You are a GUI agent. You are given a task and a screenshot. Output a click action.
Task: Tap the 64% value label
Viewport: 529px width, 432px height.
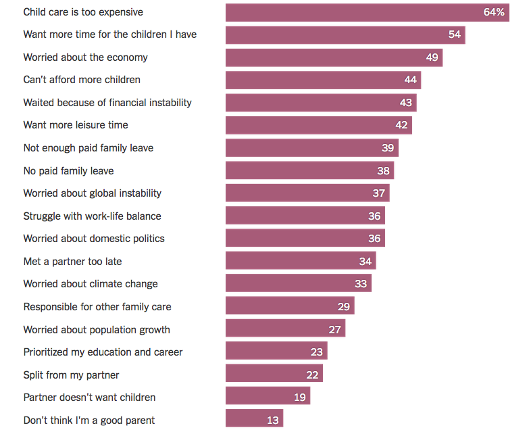point(495,12)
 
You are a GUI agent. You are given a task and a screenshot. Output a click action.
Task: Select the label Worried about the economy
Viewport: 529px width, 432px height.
point(85,57)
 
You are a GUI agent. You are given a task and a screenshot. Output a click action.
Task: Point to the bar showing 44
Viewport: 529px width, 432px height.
point(323,80)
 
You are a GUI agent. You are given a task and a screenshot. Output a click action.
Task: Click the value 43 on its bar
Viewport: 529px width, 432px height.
point(406,103)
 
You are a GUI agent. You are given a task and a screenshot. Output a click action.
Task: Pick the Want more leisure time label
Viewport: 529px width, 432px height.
point(76,125)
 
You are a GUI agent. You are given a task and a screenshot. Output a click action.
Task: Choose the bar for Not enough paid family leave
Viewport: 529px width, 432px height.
point(311,148)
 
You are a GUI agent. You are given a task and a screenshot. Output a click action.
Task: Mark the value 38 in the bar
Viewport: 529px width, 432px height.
point(384,171)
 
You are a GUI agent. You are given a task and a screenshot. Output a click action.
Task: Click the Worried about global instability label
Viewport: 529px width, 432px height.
point(93,193)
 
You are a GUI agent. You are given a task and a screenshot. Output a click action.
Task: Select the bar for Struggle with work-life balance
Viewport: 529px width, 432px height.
point(305,216)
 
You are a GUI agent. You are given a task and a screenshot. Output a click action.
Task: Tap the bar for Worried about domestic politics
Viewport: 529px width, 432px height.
point(305,239)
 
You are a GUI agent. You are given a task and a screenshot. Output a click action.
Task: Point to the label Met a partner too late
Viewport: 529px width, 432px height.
point(72,262)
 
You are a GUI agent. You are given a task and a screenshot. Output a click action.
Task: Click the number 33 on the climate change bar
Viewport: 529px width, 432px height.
point(361,284)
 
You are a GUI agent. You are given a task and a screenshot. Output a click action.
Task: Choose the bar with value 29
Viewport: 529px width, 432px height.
point(289,307)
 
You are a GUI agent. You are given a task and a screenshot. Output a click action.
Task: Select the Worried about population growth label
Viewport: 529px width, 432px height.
point(97,330)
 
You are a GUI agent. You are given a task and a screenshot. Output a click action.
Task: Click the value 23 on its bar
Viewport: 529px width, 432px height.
point(317,352)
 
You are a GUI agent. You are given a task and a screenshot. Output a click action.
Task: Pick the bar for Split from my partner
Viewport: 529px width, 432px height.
point(274,375)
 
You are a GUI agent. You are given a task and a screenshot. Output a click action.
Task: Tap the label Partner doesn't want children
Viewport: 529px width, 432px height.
point(89,398)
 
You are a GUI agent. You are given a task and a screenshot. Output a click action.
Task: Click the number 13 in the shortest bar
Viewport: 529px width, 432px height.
point(273,421)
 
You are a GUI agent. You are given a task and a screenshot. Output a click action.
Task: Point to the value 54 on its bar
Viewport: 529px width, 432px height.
point(455,34)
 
